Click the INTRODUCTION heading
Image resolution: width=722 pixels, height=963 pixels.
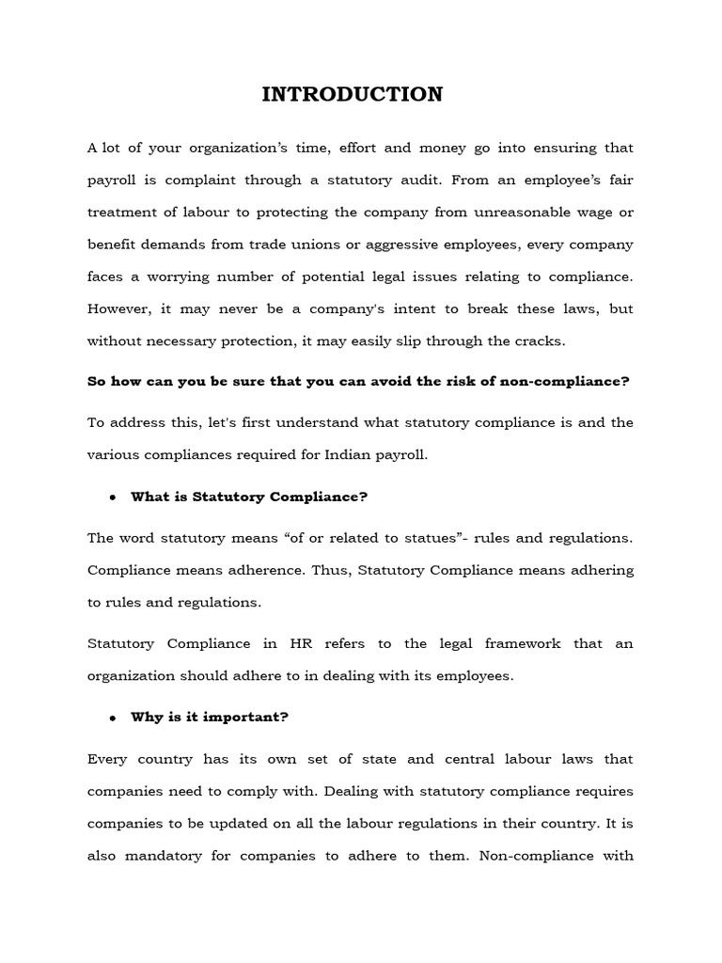pyautogui.click(x=352, y=94)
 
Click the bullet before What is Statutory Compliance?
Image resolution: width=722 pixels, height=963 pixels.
pyautogui.click(x=112, y=497)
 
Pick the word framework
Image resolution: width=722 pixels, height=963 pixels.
pyautogui.click(x=516, y=643)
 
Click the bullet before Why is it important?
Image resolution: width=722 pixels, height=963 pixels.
pyautogui.click(x=112, y=718)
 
